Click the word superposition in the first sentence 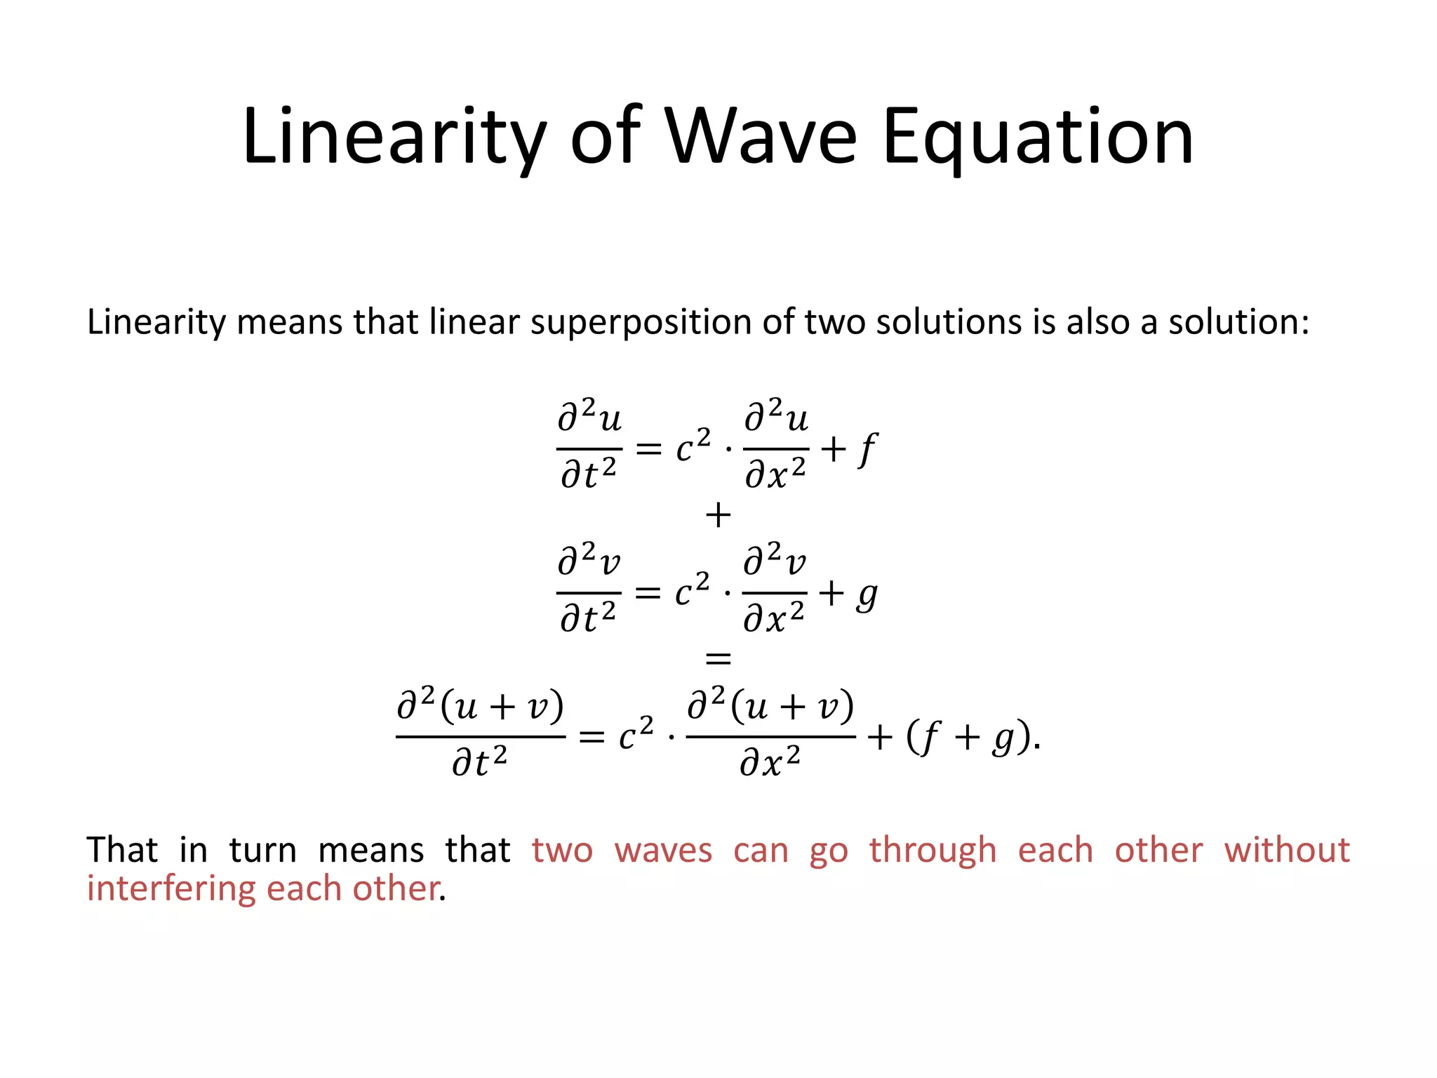[642, 323]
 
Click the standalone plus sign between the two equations [718, 516]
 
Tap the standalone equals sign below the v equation [718, 658]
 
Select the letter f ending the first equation [867, 449]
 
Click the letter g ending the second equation [867, 595]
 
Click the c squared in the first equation [693, 447]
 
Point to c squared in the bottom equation [636, 735]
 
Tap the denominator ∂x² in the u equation [775, 474]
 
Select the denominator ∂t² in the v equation [588, 618]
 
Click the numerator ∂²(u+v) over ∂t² [481, 706]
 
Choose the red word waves [663, 850]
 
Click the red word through [933, 850]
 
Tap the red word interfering [171, 889]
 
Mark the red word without [1287, 850]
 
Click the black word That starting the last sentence [123, 850]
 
